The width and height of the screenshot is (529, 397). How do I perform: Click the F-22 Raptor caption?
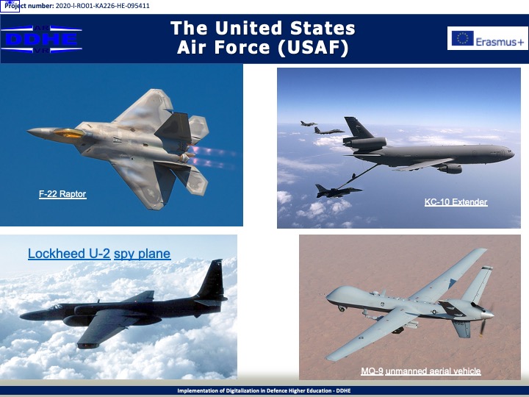pos(62,194)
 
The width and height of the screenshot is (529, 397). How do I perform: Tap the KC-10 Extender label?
pos(456,202)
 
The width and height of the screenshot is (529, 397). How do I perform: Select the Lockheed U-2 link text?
pos(69,254)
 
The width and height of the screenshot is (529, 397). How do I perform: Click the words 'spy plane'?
pos(142,254)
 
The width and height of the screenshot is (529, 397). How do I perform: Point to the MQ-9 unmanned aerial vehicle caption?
pos(421,371)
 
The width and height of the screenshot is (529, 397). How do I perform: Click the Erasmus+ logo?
pos(488,38)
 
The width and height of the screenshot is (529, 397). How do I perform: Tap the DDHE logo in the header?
pos(41,39)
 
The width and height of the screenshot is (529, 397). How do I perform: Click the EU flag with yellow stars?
pos(463,38)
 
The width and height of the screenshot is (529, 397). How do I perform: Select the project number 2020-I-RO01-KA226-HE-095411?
pos(102,6)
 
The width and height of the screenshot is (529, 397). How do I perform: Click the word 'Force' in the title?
pos(242,48)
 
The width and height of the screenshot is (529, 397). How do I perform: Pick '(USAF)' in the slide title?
pos(313,48)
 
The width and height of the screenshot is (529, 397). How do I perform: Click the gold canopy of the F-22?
pos(68,132)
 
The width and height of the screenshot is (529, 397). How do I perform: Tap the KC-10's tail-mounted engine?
pos(365,143)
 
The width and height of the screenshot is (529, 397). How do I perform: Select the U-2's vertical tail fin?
pos(212,279)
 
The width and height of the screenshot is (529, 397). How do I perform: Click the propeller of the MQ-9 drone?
pos(484,316)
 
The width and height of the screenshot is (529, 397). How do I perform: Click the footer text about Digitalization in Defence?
pos(264,391)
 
